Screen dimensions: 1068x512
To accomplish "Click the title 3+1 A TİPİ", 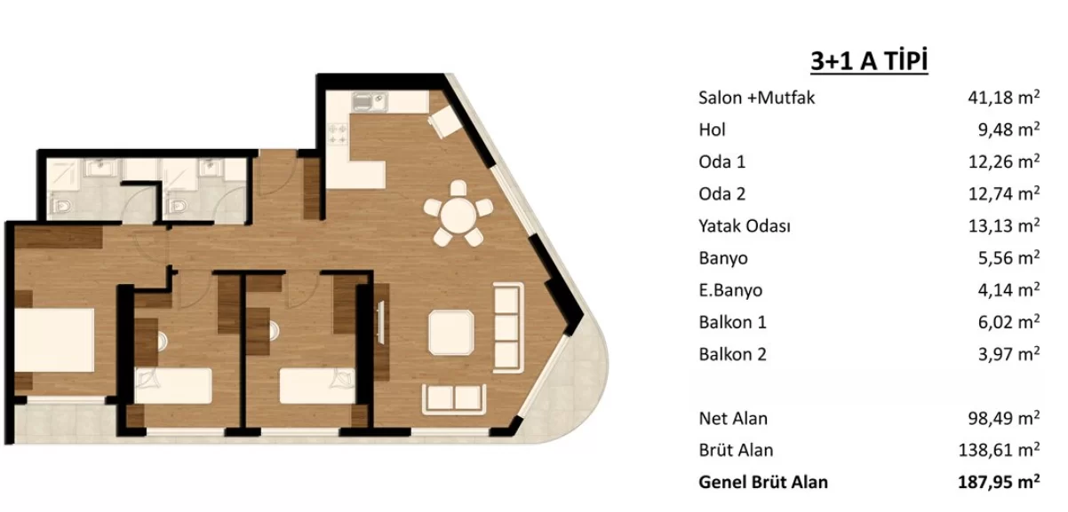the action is click(x=869, y=61).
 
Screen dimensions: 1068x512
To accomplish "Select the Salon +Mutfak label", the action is click(x=757, y=98).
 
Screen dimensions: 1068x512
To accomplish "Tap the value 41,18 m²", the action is click(x=1004, y=97).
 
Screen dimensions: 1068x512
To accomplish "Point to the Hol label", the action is click(x=712, y=130).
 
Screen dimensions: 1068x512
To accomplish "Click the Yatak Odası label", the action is click(x=745, y=225).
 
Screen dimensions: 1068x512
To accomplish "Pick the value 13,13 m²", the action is click(x=1004, y=225).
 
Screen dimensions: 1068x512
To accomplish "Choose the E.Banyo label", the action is click(x=730, y=290).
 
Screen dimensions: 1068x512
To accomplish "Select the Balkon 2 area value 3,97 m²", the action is click(x=1008, y=354).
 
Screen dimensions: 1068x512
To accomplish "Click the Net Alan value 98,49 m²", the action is click(x=1004, y=418).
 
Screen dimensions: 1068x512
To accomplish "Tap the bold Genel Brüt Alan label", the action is click(x=763, y=483).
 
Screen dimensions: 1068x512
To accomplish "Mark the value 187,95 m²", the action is click(x=999, y=482).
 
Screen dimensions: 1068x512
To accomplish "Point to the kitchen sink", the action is click(x=370, y=102).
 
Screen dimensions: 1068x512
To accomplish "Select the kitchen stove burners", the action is click(x=338, y=134).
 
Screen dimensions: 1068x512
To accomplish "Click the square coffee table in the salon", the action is click(x=451, y=333).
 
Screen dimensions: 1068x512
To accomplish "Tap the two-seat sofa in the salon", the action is click(x=454, y=398).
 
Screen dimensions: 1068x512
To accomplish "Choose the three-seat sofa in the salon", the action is click(x=508, y=327).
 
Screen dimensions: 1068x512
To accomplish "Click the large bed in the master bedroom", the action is click(x=54, y=340).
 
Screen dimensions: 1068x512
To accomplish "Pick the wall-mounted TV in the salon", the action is click(x=380, y=322).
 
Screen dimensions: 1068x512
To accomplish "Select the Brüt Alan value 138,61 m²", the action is click(x=999, y=450).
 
